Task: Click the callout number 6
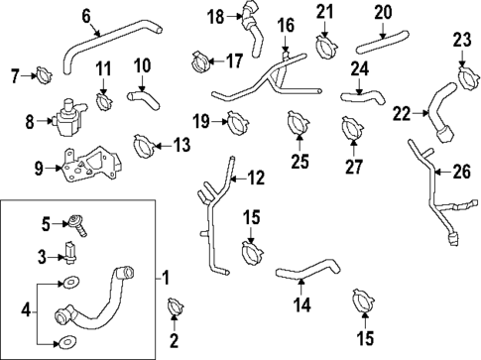(x=86, y=15)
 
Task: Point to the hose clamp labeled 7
(x=44, y=74)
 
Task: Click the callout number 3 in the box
(x=41, y=257)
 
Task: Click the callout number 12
(x=257, y=179)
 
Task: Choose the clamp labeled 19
(x=236, y=124)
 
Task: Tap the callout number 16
(x=286, y=24)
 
